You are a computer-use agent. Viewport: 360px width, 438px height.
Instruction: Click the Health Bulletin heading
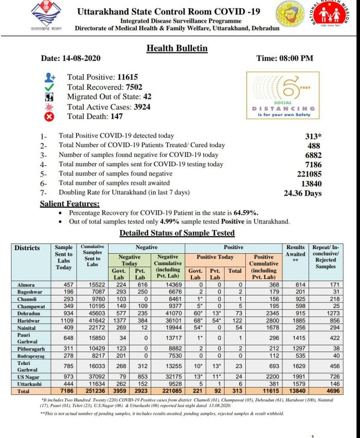click(177, 48)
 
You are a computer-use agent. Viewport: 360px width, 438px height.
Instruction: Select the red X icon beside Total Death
click(49, 117)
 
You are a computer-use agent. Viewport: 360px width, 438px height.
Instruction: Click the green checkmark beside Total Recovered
click(49, 87)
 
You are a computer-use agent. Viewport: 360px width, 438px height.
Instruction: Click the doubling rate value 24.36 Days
click(302, 193)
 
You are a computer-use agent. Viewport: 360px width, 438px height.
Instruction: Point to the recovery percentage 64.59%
click(245, 213)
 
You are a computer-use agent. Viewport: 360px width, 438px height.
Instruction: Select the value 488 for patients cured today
click(314, 146)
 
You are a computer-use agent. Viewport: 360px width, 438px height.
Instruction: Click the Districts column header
click(27, 248)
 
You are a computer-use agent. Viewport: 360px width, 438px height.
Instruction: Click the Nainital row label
click(27, 327)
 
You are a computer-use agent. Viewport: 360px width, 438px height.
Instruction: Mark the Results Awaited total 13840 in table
click(296, 392)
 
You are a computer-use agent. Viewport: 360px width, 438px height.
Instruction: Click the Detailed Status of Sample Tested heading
click(177, 233)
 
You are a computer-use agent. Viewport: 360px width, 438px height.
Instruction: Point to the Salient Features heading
click(70, 204)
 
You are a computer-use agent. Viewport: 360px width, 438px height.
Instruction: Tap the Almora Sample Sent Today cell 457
click(64, 285)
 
